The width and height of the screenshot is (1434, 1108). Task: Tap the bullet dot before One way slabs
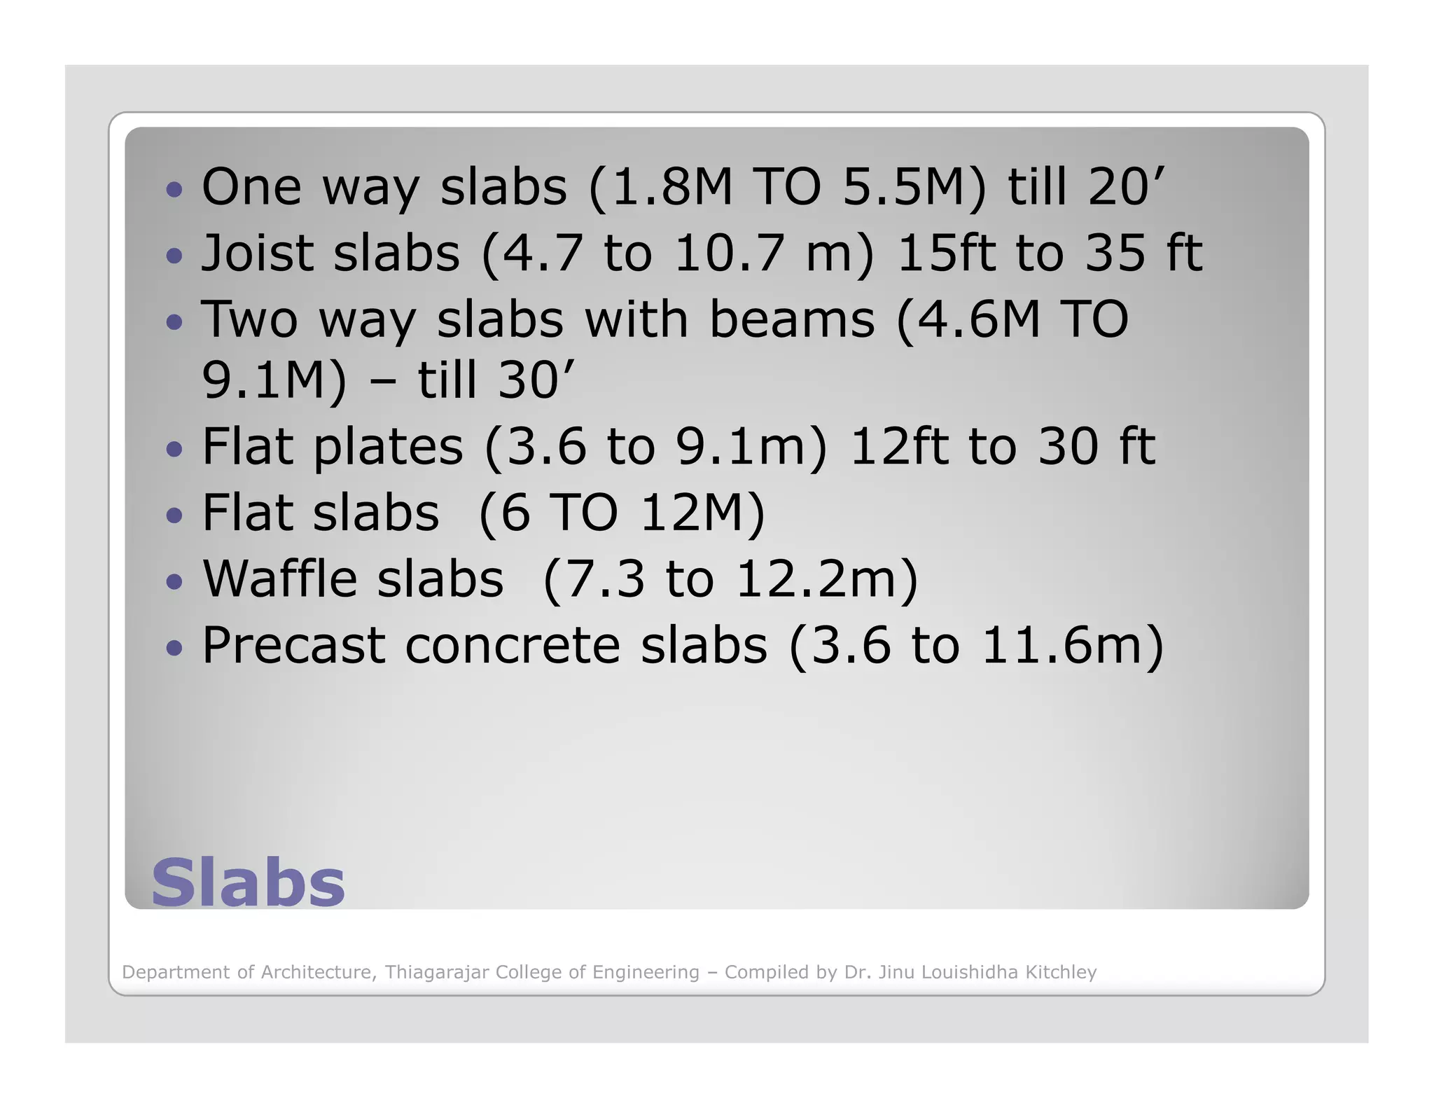point(174,189)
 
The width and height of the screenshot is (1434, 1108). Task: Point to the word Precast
point(293,645)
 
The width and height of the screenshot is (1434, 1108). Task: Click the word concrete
point(513,645)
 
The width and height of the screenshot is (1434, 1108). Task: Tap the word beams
point(791,319)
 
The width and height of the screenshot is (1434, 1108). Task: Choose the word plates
point(388,448)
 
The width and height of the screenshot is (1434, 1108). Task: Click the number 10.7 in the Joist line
point(735,253)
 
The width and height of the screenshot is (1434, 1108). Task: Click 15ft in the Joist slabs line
point(945,253)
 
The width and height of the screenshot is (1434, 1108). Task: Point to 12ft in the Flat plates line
point(898,446)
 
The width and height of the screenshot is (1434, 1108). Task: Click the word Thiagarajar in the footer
point(437,972)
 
